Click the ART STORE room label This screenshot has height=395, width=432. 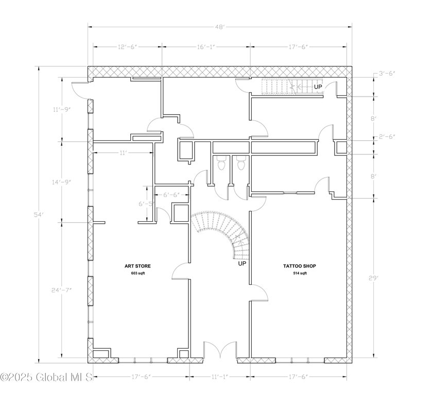137,266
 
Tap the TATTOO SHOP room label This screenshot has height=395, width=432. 299,266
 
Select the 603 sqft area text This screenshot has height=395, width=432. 137,273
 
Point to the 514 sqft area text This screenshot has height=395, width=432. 299,273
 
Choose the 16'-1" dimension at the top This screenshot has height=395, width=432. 206,46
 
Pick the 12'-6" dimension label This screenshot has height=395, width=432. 128,46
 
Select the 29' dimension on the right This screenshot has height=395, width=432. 374,278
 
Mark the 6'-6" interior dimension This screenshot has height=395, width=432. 171,195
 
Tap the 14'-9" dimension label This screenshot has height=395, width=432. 62,182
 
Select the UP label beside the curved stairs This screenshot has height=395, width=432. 241,264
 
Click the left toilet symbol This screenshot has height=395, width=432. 222,164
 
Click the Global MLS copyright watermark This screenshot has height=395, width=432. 46,378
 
